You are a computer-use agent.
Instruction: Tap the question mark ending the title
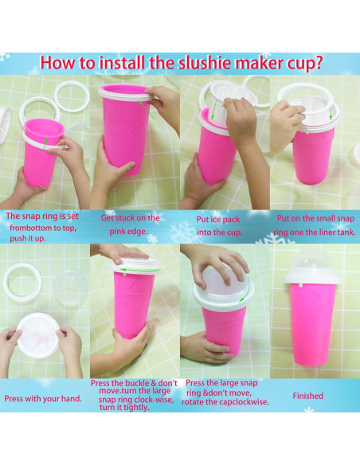(319, 63)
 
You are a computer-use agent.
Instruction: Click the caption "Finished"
(307, 396)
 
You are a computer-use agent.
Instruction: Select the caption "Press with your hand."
(43, 399)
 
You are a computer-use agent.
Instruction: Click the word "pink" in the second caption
(117, 232)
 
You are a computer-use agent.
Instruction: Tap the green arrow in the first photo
(45, 146)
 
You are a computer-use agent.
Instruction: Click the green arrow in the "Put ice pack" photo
(213, 110)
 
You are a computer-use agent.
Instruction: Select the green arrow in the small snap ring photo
(331, 114)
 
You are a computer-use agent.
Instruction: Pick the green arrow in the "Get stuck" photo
(147, 109)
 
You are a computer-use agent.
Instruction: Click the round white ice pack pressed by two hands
(38, 334)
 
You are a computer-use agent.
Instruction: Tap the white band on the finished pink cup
(312, 279)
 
